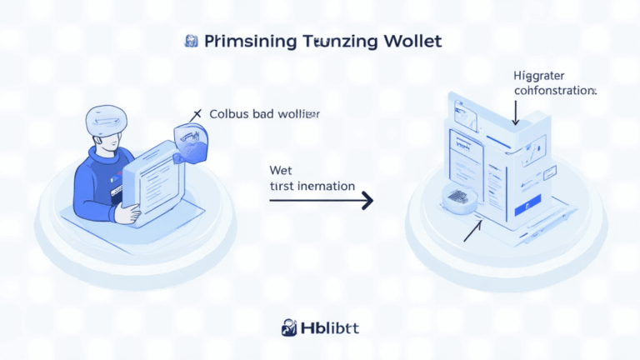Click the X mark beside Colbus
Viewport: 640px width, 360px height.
pyautogui.click(x=197, y=112)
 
